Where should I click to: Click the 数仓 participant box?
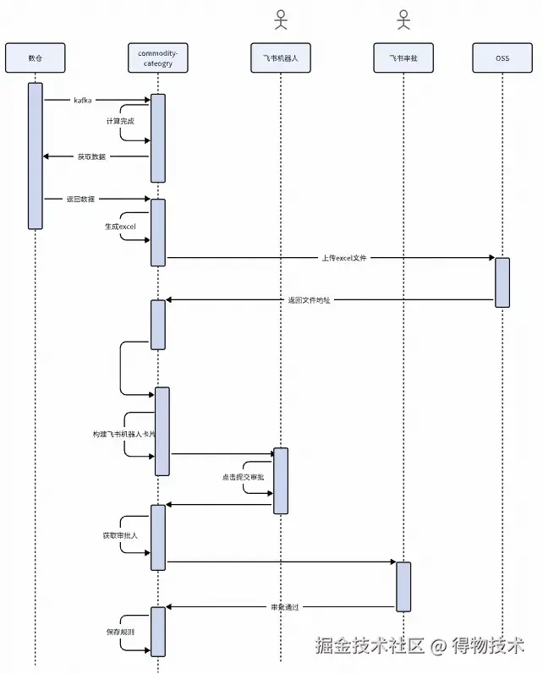35,58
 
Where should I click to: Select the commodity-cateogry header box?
157,58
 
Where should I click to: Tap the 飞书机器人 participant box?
280,58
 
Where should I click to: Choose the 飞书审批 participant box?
403,58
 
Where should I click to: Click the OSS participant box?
502,58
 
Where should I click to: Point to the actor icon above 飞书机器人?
280,19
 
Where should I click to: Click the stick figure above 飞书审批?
403,19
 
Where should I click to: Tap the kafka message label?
82,101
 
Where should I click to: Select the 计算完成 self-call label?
119,122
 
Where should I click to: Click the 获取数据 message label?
91,156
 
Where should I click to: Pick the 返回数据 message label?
81,200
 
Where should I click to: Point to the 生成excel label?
119,227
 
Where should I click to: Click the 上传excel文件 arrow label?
344,257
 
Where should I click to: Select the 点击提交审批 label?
243,478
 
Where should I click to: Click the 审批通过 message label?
285,607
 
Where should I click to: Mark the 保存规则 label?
119,633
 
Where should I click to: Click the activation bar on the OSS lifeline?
502,282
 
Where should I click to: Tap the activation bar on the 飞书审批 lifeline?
403,586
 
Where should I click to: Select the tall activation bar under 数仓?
35,156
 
